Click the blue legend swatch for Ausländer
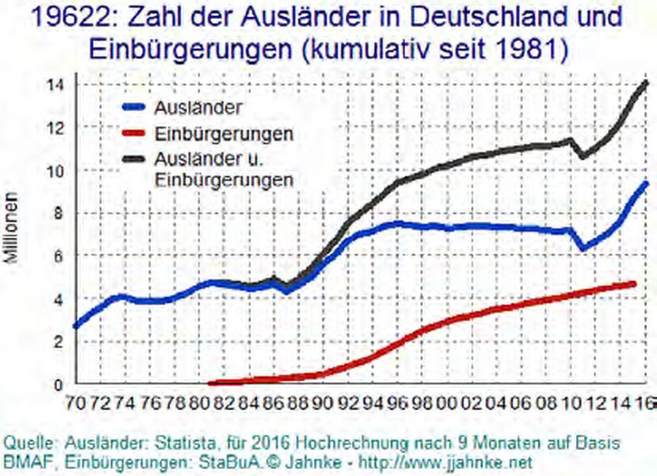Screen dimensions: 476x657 pos(131,108)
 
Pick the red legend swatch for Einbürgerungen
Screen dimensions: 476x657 pos(131,133)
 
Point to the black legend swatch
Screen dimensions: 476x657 pos(131,159)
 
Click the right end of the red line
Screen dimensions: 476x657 pos(633,283)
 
